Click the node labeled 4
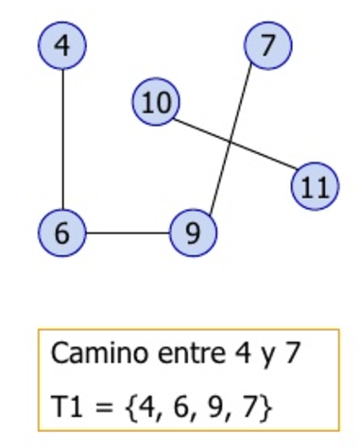coord(62,45)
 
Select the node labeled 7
coord(268,45)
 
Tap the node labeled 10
coord(156,102)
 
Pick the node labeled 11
coord(315,186)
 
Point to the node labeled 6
coord(62,233)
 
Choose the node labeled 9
coord(193,233)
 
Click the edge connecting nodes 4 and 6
coord(62,139)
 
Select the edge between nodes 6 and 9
coord(128,233)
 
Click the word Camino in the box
coord(99,353)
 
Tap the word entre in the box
coord(192,353)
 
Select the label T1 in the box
coord(68,406)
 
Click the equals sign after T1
coord(104,407)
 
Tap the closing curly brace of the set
coord(266,407)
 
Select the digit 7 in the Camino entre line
coord(292,353)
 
